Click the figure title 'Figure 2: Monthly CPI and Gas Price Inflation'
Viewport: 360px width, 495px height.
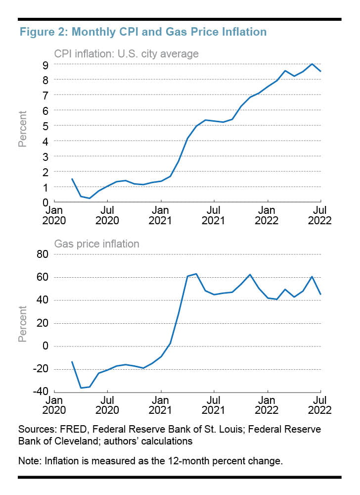tap(142, 32)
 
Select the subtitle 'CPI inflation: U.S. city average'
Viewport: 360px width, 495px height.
tap(126, 53)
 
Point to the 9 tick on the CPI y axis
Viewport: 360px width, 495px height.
tap(45, 64)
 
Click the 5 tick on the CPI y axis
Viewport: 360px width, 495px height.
tap(45, 126)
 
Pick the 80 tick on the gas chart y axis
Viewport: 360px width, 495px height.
tap(41, 254)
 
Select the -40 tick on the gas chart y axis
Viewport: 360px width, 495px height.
tap(38, 392)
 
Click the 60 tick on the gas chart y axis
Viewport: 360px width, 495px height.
tap(41, 277)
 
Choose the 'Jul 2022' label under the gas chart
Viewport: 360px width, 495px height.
tap(321, 404)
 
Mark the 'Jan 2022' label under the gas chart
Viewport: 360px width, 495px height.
tap(268, 404)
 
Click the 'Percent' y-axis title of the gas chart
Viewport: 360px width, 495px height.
tap(23, 324)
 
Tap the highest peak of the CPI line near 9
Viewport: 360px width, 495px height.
tap(312, 64)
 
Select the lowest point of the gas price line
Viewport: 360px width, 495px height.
tap(81, 388)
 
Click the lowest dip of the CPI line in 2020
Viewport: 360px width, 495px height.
tap(90, 198)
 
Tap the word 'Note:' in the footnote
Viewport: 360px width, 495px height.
tap(30, 461)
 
